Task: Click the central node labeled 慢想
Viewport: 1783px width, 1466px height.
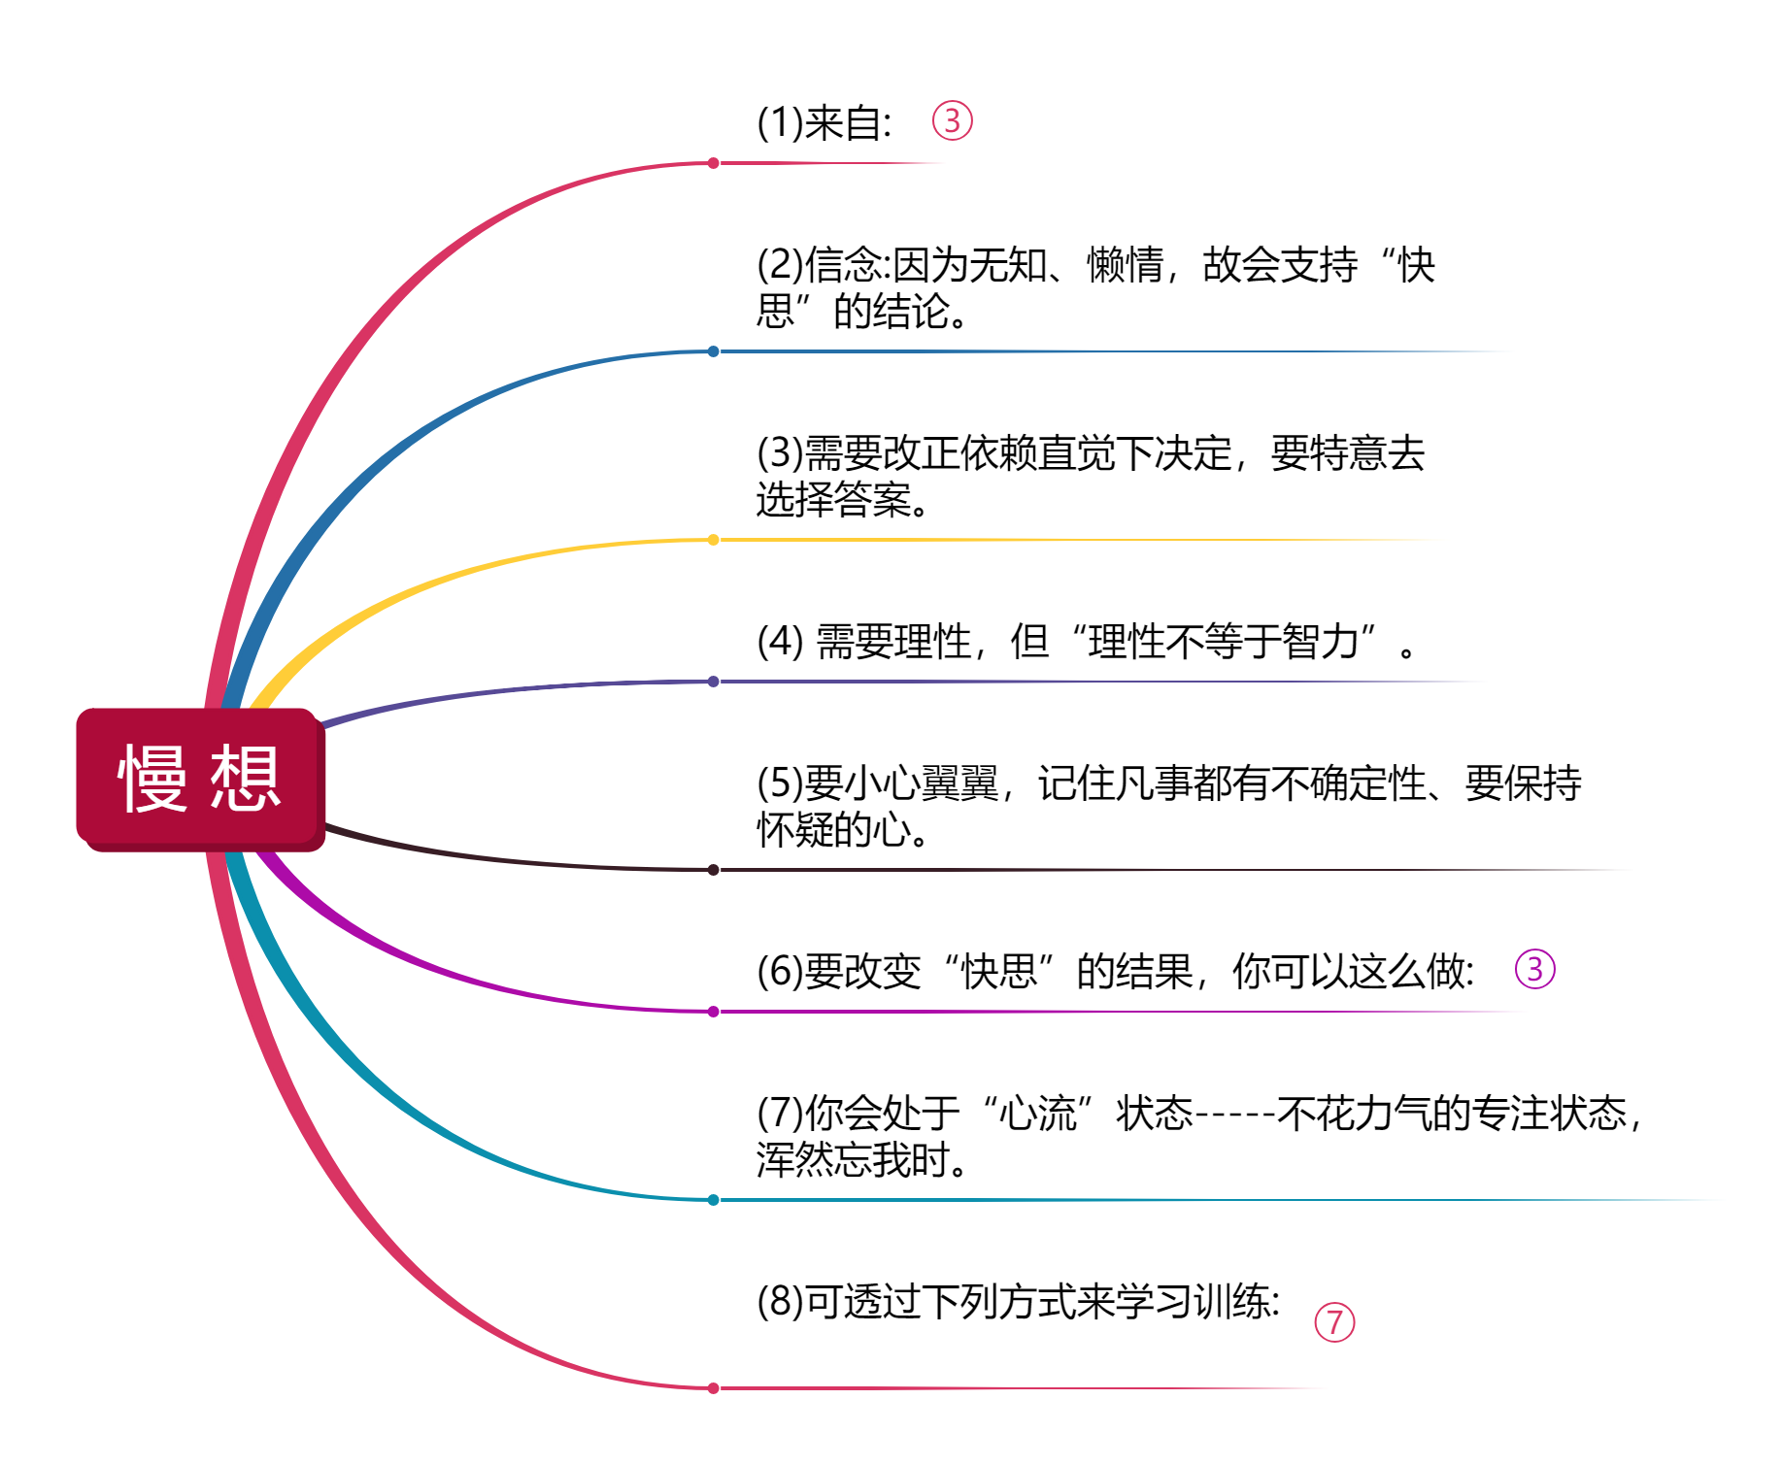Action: point(200,779)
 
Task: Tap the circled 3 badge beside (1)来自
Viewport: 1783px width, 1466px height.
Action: point(952,120)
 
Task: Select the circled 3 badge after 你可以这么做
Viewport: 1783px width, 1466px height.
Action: point(1534,969)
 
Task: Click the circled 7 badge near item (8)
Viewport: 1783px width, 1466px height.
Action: point(1334,1322)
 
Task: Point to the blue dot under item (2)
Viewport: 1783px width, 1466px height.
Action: point(714,351)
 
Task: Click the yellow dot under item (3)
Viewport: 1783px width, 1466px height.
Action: point(714,540)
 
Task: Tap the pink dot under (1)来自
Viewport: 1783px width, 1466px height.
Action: point(714,163)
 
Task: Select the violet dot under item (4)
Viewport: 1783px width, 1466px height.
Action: point(714,682)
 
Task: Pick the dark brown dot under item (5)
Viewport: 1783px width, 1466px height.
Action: point(714,870)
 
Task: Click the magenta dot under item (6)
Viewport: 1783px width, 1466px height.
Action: point(714,1012)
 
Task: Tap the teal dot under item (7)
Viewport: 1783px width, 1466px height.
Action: point(714,1200)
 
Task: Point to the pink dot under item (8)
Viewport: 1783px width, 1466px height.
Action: point(714,1388)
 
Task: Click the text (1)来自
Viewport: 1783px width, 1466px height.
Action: point(824,123)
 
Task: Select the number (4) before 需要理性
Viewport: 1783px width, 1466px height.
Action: point(780,642)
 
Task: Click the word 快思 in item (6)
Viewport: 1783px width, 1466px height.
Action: point(999,972)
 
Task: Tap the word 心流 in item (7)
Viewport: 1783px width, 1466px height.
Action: point(1038,1114)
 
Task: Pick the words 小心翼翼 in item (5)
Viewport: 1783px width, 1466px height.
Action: point(922,783)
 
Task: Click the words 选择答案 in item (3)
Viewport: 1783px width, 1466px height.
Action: point(834,500)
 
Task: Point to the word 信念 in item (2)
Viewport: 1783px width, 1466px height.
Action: point(844,265)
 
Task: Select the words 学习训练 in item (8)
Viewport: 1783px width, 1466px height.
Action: point(1194,1302)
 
